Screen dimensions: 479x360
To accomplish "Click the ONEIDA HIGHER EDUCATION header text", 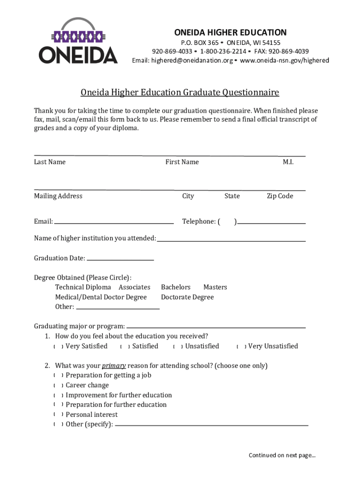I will pos(230,32).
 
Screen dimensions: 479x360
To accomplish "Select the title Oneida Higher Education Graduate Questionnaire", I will pos(180,92).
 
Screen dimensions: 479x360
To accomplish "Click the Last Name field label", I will pos(50,162).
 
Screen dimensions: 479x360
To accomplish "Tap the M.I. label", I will pos(288,162).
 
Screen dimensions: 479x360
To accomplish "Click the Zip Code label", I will pos(280,196).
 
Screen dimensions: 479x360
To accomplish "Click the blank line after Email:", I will pos(114,223).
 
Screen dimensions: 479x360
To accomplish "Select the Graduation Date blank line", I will pos(120,260).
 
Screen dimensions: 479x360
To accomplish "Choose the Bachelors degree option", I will pos(176,287).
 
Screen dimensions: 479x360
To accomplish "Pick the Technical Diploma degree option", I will pos(83,287).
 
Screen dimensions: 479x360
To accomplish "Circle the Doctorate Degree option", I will pos(187,297).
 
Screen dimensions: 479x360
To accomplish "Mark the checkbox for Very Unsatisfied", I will pos(241,347).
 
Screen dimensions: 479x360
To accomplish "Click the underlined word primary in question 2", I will pos(114,366).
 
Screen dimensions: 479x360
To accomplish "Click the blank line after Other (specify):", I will pos(211,426).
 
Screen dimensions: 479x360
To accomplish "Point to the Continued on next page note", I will pos(282,455).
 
